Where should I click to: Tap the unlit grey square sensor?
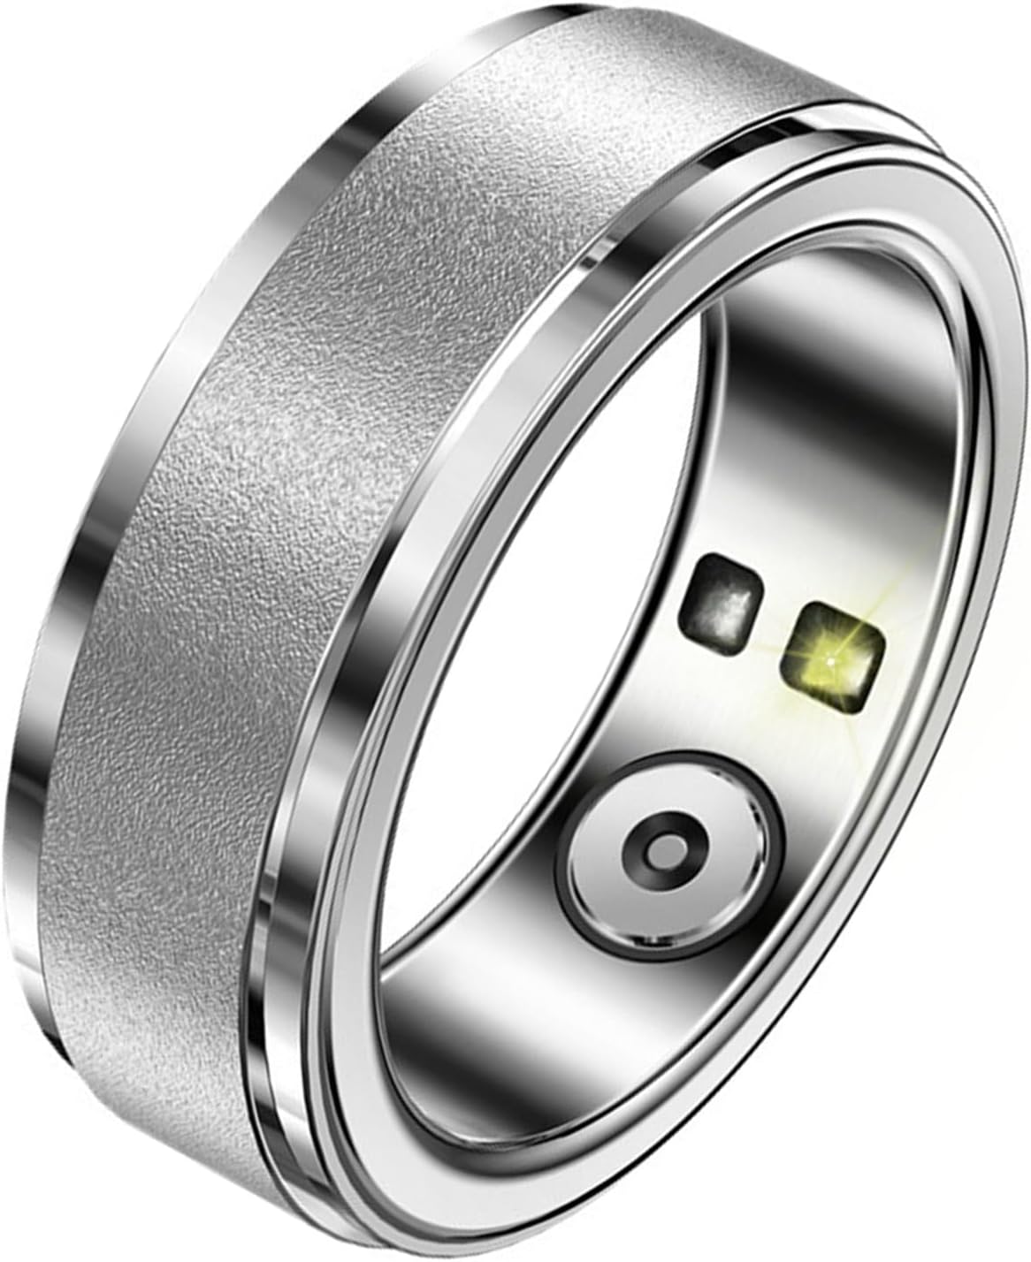[x=723, y=603]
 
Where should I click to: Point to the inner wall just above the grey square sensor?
[x=734, y=521]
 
